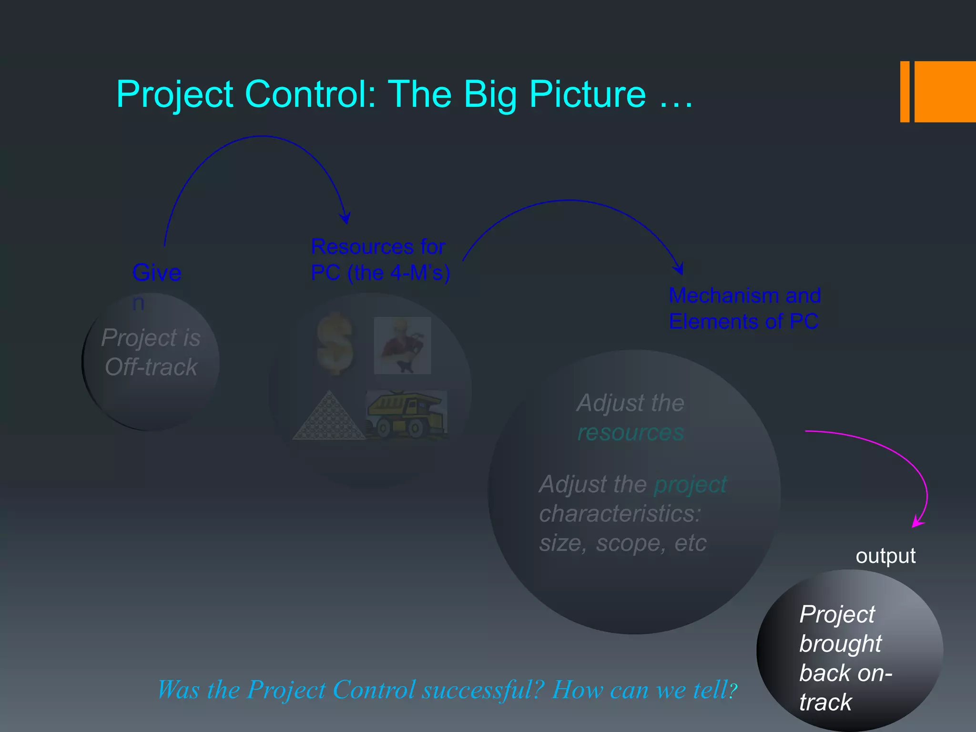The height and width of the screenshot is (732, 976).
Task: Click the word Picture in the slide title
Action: [x=587, y=94]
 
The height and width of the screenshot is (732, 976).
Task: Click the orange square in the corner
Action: [x=945, y=91]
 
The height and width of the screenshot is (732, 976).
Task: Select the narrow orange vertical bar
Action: [x=905, y=91]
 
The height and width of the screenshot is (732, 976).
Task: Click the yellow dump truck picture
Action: [x=407, y=414]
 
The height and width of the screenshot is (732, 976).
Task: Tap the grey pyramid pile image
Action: [x=328, y=416]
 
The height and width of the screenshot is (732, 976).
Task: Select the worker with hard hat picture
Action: [x=402, y=346]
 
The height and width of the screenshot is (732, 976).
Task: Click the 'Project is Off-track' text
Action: [x=151, y=352]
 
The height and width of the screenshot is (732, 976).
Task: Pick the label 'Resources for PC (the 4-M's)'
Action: [x=380, y=260]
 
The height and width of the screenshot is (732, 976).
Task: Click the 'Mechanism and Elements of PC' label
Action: [x=744, y=308]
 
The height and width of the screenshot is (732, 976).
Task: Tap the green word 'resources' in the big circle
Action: [x=630, y=433]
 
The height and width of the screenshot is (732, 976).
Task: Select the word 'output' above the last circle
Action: [x=885, y=556]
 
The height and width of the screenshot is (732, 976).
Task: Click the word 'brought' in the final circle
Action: [x=841, y=644]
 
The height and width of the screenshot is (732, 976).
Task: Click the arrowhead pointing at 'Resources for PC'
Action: [x=346, y=219]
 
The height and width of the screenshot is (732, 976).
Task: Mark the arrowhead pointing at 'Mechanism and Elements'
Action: [x=679, y=269]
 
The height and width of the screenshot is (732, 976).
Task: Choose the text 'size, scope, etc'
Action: [x=622, y=543]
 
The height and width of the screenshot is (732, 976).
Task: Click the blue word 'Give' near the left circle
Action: [x=157, y=273]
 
